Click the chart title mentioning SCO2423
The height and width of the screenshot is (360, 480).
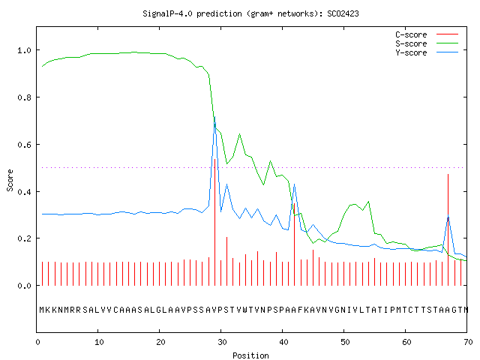pos(250,13)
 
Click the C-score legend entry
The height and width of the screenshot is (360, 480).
pos(427,34)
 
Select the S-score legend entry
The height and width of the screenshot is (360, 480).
pos(427,43)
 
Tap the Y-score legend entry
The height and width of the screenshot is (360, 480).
pos(427,52)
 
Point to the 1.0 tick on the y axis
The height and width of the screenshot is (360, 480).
pos(25,50)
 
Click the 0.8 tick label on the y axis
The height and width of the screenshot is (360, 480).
pos(25,97)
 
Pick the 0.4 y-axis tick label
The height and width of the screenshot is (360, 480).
pos(25,192)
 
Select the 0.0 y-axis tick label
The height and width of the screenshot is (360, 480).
pos(25,286)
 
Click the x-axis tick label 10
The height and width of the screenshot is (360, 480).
pos(99,342)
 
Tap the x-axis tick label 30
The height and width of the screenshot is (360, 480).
pos(222,342)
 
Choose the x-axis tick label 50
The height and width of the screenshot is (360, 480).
pos(345,342)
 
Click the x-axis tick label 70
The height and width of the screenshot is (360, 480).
pos(468,342)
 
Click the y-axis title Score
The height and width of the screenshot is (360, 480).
pos(10,180)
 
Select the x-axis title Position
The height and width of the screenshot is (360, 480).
pos(250,355)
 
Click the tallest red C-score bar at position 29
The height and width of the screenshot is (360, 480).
pos(215,222)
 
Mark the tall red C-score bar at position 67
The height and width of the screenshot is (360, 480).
pos(448,230)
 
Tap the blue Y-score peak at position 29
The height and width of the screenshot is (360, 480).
pos(215,117)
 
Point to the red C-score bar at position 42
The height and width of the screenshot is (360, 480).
pos(295,244)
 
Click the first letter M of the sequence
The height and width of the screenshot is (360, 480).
pos(42,310)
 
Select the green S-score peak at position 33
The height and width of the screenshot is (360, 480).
pos(240,134)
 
